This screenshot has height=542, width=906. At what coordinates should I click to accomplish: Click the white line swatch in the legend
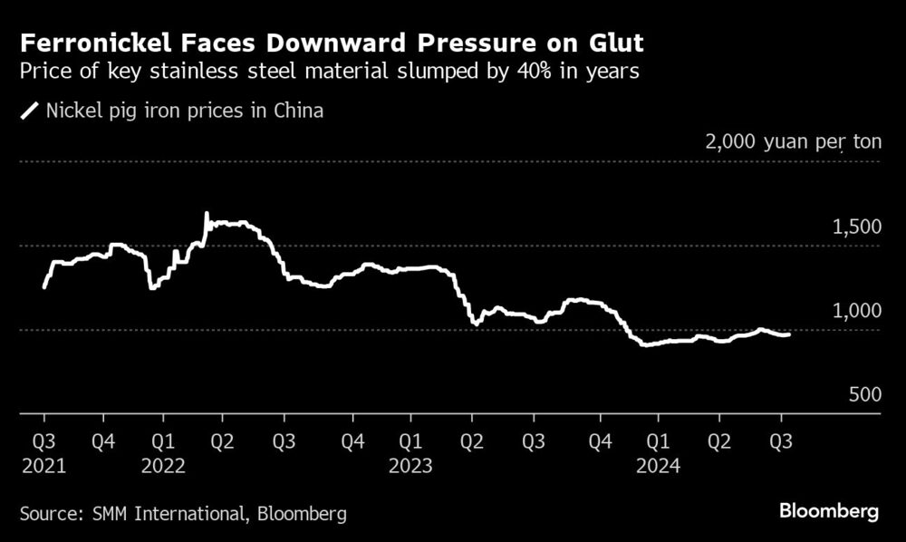click(x=29, y=111)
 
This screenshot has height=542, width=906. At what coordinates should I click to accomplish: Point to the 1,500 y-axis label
click(x=856, y=227)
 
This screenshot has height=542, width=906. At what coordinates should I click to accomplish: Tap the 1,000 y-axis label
click(x=856, y=311)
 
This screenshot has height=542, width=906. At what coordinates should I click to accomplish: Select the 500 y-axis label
click(x=864, y=395)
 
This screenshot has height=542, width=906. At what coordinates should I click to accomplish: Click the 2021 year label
click(x=43, y=465)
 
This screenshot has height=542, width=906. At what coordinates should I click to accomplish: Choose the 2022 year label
click(x=164, y=465)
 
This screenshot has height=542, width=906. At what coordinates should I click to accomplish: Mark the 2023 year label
click(x=410, y=465)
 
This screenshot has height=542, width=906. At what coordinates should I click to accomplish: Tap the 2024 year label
click(x=658, y=465)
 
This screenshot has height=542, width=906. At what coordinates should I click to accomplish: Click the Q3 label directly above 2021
click(x=43, y=443)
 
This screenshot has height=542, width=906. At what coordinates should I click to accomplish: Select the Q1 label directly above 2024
click(x=658, y=443)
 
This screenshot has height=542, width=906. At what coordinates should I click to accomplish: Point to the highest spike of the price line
click(x=206, y=215)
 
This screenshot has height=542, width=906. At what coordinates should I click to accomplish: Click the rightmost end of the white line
click(x=788, y=334)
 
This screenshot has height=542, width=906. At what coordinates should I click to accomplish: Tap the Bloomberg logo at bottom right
click(x=829, y=512)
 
